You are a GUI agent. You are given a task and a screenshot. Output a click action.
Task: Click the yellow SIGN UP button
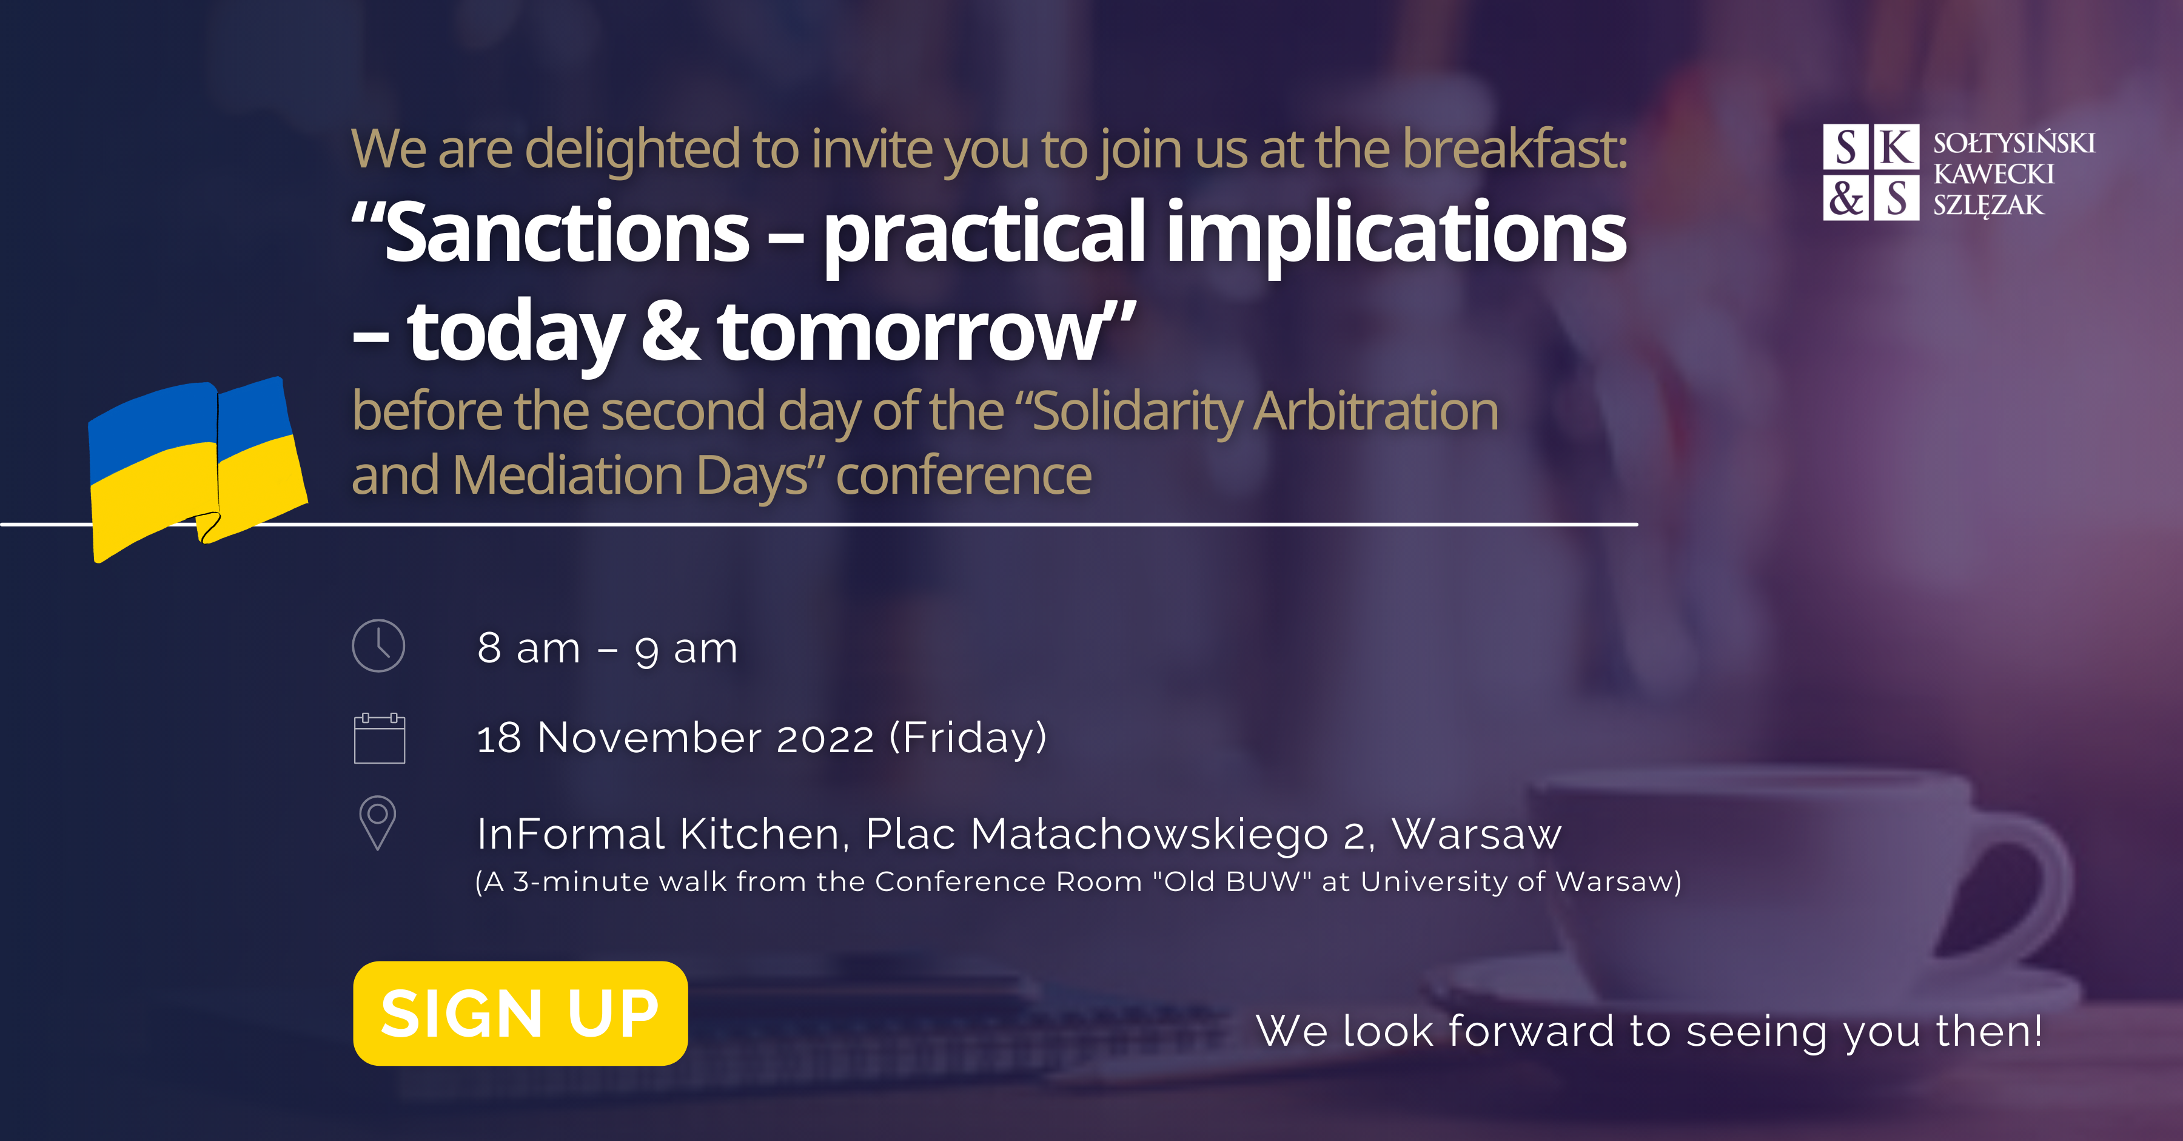(520, 1013)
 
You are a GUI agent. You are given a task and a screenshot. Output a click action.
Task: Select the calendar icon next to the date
(379, 738)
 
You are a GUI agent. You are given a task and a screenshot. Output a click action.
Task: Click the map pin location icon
(378, 823)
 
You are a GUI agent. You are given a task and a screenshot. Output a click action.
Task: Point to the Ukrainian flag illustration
(198, 469)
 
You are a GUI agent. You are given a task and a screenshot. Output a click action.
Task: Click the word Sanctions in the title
(567, 232)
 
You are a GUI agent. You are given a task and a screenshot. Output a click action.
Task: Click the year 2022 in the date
(825, 738)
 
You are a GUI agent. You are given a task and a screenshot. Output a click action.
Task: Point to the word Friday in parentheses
(968, 738)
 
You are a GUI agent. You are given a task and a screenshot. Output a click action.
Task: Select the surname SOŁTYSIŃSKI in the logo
(2013, 143)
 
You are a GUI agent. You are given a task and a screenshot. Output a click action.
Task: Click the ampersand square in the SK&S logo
(1846, 198)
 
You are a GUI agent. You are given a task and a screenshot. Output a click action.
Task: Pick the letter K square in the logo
(1897, 147)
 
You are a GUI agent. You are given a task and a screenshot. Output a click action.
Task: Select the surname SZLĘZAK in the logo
(1988, 205)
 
